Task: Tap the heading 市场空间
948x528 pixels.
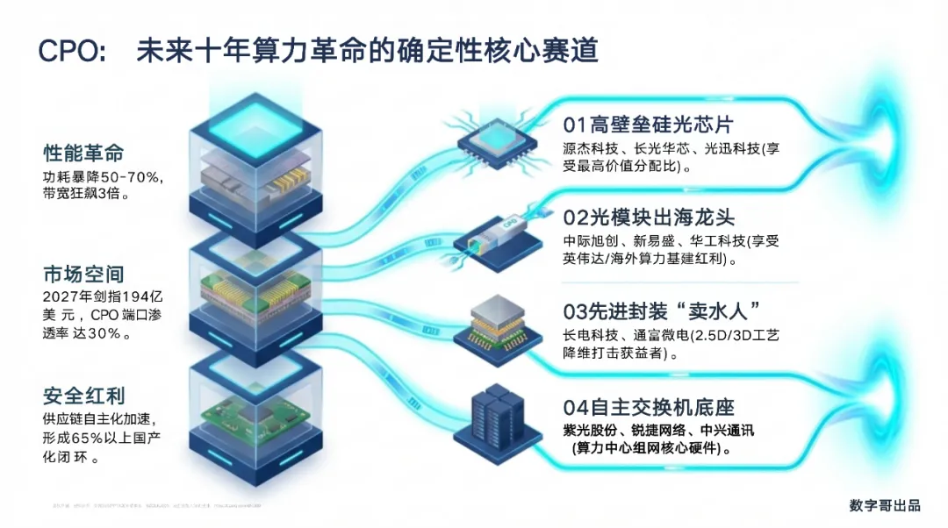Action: coord(83,275)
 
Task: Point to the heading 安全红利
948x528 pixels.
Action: coord(83,396)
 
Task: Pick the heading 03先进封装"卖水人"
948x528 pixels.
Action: coord(660,311)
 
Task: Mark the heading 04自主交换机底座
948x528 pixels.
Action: coord(649,407)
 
